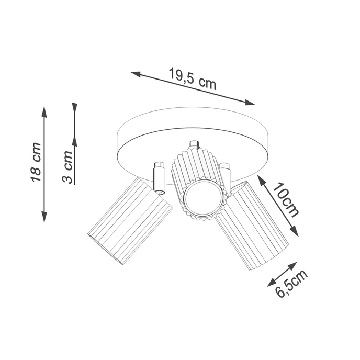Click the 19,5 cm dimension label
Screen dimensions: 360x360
click(x=192, y=79)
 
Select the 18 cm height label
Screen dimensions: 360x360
click(x=36, y=162)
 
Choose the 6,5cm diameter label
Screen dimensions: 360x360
click(x=291, y=285)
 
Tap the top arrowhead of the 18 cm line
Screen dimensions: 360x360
click(x=44, y=111)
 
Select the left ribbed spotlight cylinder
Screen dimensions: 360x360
click(x=130, y=221)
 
